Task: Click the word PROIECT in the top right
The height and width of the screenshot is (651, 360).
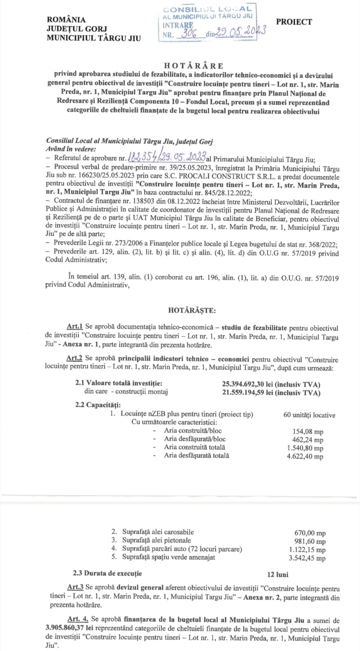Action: (294, 22)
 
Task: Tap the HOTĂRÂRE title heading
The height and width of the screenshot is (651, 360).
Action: (194, 66)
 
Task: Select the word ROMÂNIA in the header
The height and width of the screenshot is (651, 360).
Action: (66, 19)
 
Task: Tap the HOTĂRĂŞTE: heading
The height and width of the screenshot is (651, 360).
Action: (192, 310)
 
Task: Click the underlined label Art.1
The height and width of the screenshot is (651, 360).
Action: (75, 327)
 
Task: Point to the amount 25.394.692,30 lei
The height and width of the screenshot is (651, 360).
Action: (249, 384)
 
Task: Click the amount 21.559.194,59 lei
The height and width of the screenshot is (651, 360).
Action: (249, 393)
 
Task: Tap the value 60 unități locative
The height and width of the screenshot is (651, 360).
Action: (309, 415)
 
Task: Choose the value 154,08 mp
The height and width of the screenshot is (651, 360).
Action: (308, 432)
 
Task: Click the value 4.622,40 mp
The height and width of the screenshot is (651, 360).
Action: (305, 457)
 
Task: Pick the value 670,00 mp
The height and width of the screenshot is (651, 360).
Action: (310, 533)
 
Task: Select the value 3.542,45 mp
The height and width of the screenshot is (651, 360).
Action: (307, 558)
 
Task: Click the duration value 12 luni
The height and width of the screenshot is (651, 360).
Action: (277, 575)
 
